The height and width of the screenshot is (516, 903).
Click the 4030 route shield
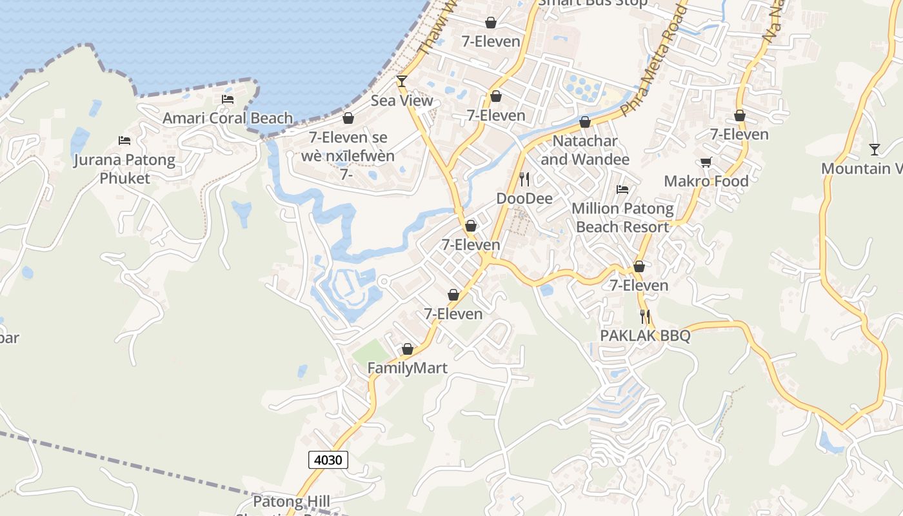(328, 460)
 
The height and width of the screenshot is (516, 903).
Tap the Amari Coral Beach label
(228, 118)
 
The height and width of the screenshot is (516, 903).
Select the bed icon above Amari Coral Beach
(228, 99)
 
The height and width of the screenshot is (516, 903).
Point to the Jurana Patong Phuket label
(124, 168)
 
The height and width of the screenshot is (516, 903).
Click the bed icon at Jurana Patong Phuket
(124, 141)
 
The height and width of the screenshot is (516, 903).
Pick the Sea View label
(402, 101)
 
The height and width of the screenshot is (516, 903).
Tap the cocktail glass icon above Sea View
(402, 81)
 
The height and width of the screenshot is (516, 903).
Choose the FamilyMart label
(407, 368)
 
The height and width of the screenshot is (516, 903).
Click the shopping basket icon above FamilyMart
(408, 349)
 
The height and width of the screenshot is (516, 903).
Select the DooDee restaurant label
(524, 198)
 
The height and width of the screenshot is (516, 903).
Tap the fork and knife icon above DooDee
(524, 179)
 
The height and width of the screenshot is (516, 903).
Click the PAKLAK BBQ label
(645, 335)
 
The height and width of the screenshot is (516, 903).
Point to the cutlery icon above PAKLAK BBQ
(645, 316)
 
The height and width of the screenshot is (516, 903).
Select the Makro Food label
(706, 181)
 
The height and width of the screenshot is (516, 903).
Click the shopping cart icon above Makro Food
(706, 162)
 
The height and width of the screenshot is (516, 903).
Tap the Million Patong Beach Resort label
(622, 217)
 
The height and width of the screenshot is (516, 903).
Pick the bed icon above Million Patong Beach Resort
(622, 190)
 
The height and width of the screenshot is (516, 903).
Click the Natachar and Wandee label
(585, 150)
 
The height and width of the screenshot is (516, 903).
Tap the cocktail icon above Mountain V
(875, 150)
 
